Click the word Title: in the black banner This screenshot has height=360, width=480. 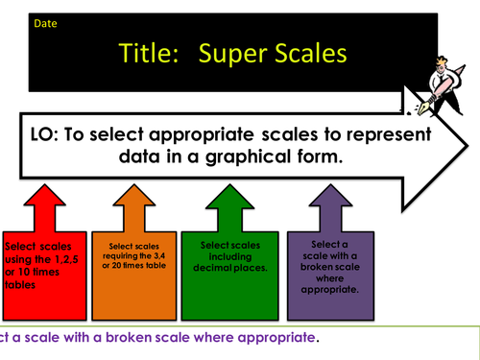(151, 54)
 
